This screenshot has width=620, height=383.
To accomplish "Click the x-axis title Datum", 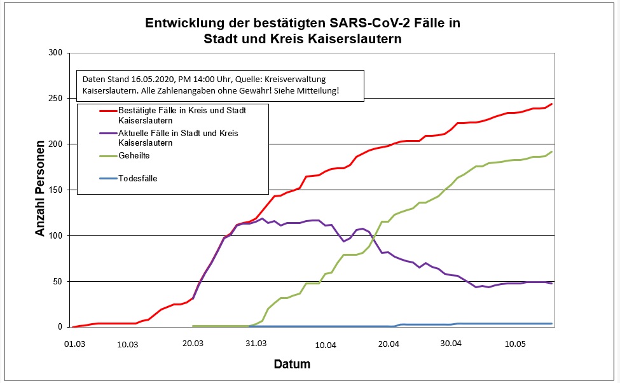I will (292, 365).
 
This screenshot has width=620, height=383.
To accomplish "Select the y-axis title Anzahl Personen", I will (41, 190).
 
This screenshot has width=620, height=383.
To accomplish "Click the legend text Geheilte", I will (135, 155).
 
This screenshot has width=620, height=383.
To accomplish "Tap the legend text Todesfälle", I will (138, 178).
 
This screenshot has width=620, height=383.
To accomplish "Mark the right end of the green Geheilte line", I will (551, 151).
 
